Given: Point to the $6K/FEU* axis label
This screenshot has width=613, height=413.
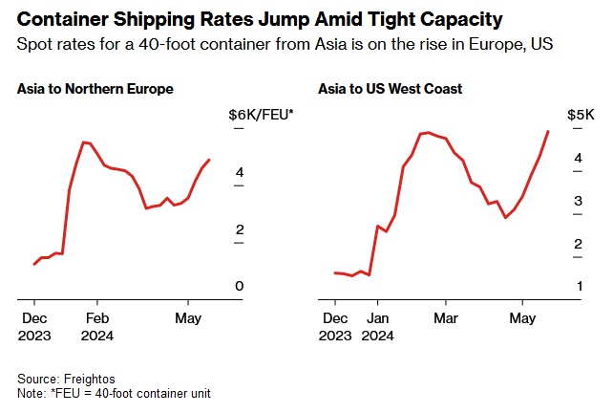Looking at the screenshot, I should [261, 115].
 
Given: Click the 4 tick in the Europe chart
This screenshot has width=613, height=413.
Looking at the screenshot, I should [240, 172].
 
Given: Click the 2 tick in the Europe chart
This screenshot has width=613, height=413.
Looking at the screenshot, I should [240, 229].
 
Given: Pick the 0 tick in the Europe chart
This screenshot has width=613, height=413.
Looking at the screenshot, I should [240, 287].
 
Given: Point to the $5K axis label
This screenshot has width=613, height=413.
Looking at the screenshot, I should [581, 115].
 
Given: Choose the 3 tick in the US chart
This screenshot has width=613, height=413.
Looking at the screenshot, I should [577, 201].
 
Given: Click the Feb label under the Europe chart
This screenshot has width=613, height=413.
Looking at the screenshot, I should [96, 318].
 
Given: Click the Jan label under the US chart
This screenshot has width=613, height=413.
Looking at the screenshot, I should [378, 318].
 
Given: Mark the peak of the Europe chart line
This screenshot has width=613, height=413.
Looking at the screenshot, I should [84, 142].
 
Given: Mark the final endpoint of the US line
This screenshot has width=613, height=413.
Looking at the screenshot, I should [548, 131].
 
